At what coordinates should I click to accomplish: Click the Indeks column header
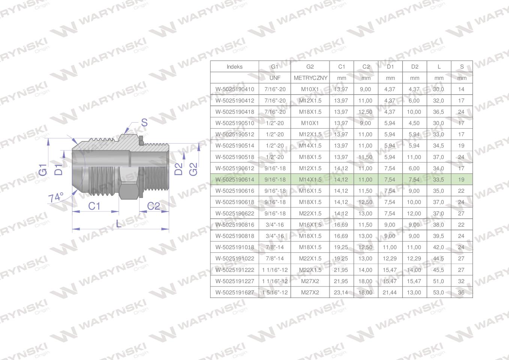pyautogui.click(x=234, y=66)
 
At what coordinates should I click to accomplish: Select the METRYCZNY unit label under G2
pyautogui.click(x=311, y=78)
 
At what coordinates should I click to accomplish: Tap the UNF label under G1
pyautogui.click(x=275, y=78)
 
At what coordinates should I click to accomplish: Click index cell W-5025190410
pyautogui.click(x=235, y=89)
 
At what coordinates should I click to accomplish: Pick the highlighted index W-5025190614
pyautogui.click(x=235, y=180)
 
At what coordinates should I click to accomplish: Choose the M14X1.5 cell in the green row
pyautogui.click(x=310, y=180)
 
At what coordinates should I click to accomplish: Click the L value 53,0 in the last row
pyautogui.click(x=438, y=292)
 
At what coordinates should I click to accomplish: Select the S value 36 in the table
pyautogui.click(x=461, y=292)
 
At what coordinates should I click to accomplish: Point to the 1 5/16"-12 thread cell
pyautogui.click(x=275, y=292)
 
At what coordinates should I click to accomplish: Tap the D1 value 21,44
pyautogui.click(x=389, y=292)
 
